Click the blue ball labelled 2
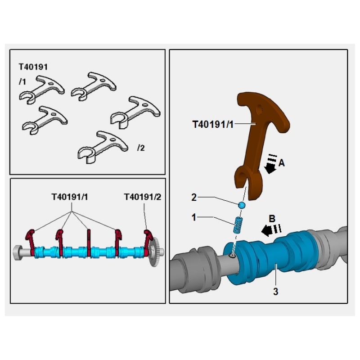242,205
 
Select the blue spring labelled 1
237,225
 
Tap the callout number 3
275,292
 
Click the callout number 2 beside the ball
193,197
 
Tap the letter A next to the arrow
282,164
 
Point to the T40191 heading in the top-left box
33,67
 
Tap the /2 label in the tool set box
141,148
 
